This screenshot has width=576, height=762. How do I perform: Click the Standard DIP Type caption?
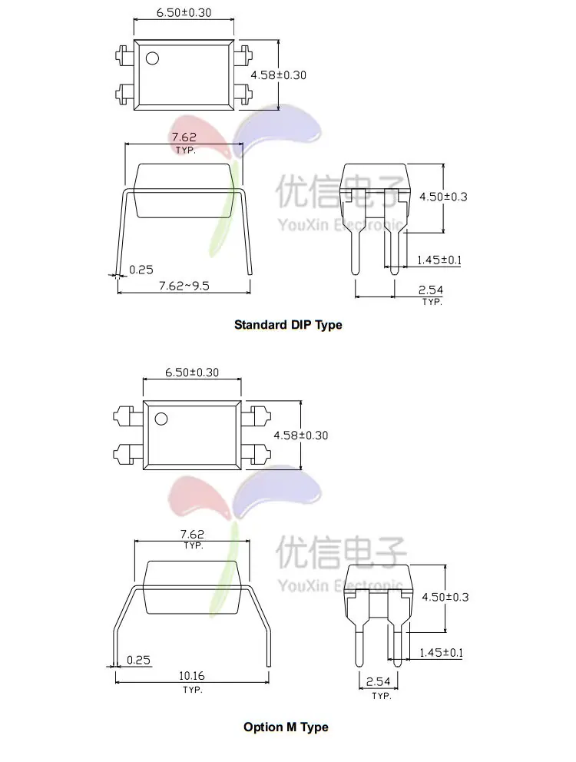(288, 325)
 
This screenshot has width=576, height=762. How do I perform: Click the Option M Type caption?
(286, 727)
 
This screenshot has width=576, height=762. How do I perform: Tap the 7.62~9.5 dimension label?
(184, 286)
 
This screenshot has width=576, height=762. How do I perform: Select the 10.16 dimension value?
(192, 675)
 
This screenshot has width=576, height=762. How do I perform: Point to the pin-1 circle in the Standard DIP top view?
(152, 58)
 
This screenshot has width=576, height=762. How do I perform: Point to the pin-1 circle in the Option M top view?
(161, 419)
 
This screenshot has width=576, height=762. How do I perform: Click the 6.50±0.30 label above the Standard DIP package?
(184, 12)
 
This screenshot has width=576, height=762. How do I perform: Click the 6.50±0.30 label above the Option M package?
(192, 373)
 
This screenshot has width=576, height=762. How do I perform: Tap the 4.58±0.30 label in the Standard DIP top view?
(279, 75)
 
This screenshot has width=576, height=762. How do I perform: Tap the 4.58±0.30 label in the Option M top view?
(301, 435)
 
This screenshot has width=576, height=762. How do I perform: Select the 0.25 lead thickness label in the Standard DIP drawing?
(141, 270)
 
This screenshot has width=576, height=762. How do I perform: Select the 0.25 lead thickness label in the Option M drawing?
(138, 660)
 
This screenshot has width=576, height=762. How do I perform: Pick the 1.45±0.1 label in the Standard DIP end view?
(439, 260)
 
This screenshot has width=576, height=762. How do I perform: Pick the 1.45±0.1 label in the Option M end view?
(442, 652)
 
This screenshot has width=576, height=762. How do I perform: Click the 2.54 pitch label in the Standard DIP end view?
(431, 290)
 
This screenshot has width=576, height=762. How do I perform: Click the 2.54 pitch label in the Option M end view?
(378, 682)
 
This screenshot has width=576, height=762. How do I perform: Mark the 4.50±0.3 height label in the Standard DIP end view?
(443, 197)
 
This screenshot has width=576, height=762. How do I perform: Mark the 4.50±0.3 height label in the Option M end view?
(445, 597)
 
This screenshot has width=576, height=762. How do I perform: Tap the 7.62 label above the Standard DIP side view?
(184, 137)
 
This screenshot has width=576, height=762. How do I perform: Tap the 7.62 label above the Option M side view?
(193, 534)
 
